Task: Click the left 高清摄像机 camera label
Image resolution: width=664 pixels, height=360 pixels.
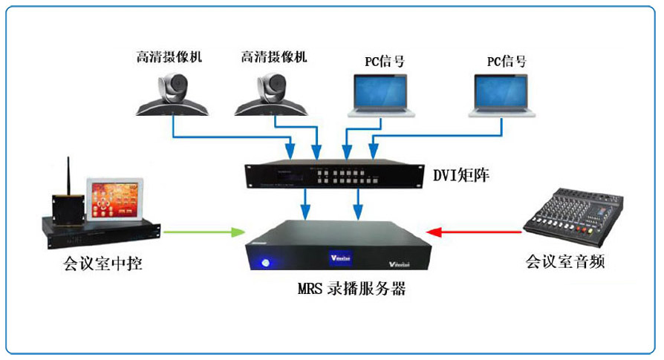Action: pos(169,56)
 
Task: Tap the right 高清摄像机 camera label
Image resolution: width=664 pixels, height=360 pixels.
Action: pos(274,56)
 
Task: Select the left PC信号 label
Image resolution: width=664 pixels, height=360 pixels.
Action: pos(384,62)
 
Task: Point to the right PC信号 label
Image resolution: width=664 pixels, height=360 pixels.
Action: pos(507,62)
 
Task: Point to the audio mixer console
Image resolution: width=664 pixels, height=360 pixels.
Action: pos(572,215)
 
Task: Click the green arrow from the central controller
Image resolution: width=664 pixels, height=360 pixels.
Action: pos(205,232)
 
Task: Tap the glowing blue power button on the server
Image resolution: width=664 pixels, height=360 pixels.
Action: pos(265,261)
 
